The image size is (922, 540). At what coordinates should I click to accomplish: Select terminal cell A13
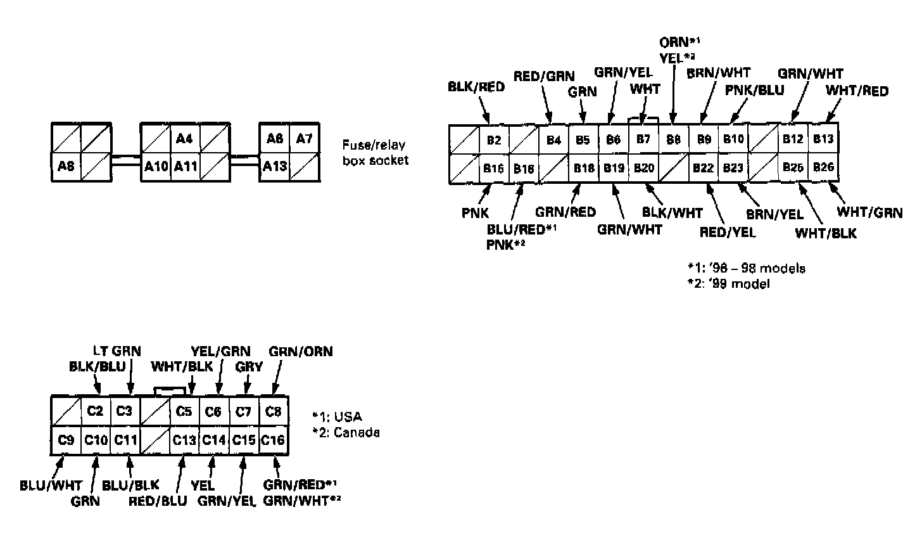click(274, 167)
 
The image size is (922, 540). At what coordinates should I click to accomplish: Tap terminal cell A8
click(66, 167)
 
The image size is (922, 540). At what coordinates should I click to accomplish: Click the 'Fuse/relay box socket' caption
click(376, 152)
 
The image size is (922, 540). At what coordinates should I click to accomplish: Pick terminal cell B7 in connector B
click(643, 139)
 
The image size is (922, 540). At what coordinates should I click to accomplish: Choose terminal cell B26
click(823, 168)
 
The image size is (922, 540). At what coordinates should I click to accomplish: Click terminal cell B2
click(494, 139)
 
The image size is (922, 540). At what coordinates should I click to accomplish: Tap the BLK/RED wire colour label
click(476, 87)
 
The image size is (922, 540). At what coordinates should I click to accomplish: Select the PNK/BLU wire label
click(754, 90)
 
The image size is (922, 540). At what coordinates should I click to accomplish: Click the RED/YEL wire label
click(727, 233)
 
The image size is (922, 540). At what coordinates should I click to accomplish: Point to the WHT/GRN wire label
click(869, 213)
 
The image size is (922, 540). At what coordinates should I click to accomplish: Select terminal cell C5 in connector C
click(184, 411)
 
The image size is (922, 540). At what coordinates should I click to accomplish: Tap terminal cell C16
click(273, 440)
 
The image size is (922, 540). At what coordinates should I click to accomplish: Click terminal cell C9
click(66, 440)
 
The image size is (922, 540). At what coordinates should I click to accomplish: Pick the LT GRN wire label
click(117, 350)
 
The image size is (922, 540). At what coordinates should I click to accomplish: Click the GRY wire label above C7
click(249, 366)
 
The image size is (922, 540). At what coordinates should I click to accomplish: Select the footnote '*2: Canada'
click(346, 433)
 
